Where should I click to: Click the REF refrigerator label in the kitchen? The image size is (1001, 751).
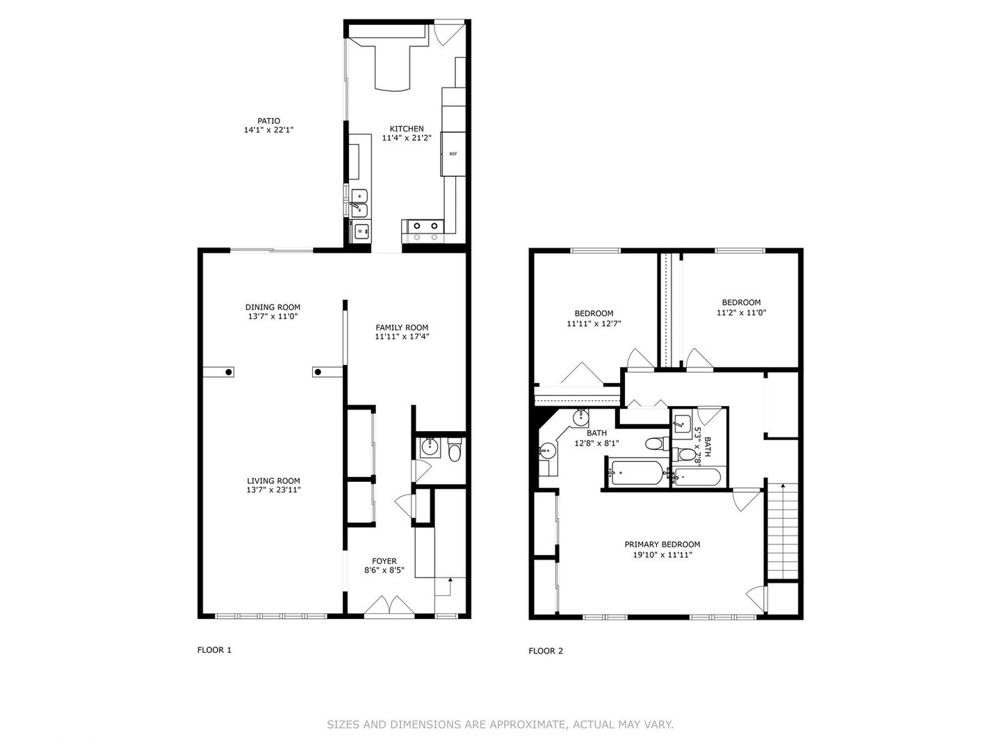click(x=453, y=154)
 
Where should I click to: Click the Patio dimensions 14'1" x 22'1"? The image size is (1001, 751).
click(x=268, y=130)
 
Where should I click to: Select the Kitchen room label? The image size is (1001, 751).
click(x=407, y=129)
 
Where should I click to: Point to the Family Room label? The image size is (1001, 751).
click(x=402, y=328)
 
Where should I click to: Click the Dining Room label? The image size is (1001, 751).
click(x=272, y=307)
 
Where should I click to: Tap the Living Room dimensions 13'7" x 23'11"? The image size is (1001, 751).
click(x=274, y=490)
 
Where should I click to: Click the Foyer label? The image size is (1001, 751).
click(x=384, y=561)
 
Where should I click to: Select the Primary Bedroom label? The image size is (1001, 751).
click(x=662, y=544)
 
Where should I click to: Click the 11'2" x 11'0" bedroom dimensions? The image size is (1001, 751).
click(x=741, y=313)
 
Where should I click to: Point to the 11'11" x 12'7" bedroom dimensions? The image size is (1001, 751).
click(x=594, y=324)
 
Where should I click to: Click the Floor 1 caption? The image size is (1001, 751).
click(x=214, y=649)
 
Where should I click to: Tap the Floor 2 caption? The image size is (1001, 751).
click(x=546, y=651)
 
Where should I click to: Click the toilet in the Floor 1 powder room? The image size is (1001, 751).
click(x=455, y=450)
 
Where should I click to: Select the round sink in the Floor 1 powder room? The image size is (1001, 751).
click(x=429, y=447)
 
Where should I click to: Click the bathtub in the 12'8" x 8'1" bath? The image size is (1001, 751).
click(x=637, y=472)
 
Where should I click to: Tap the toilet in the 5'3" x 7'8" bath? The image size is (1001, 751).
click(x=682, y=454)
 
